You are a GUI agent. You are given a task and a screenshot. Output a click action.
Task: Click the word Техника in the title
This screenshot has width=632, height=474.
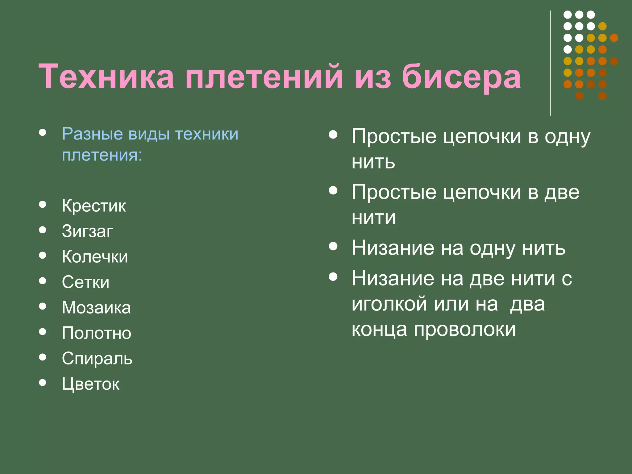point(106,77)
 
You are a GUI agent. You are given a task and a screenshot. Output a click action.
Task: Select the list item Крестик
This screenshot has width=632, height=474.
point(94,206)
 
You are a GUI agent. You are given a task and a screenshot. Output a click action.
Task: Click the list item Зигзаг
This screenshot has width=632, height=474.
point(87,231)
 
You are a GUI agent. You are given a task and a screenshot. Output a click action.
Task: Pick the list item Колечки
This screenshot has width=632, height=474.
point(95,256)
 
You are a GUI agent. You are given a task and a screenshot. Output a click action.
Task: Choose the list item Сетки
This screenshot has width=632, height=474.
point(85,282)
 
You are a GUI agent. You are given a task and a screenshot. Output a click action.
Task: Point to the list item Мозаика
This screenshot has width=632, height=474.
point(96,307)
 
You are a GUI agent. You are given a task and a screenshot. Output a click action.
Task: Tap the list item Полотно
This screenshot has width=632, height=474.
point(97,333)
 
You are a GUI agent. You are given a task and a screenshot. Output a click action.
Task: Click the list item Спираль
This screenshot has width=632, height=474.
point(97,359)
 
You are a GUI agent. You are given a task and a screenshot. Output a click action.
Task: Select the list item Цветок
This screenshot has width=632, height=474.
point(90,384)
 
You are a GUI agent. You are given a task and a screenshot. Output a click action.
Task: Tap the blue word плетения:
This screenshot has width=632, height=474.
point(102,155)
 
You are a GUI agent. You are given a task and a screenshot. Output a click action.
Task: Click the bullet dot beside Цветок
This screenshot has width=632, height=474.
point(43,383)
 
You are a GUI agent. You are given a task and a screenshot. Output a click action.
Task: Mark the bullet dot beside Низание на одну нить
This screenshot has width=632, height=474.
point(333,246)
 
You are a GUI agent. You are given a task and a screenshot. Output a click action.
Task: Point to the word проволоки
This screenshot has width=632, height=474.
point(464,330)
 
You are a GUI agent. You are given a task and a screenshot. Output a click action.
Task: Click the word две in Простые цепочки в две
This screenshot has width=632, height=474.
point(562,192)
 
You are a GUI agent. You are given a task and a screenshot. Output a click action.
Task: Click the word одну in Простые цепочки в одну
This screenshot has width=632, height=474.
point(567,137)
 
